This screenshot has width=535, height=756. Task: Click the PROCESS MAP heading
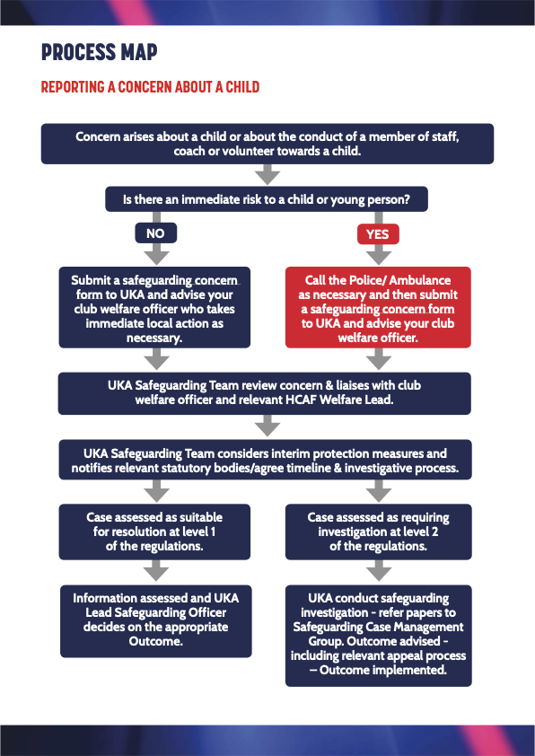100,52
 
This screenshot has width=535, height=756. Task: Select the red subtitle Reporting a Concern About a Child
151,87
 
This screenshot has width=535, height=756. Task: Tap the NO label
155,233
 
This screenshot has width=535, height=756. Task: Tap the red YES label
378,233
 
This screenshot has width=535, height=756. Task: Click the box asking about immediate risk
267,199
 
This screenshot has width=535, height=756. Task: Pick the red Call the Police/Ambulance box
378,308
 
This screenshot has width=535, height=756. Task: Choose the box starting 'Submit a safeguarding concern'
154,308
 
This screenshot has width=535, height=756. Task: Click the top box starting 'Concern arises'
267,144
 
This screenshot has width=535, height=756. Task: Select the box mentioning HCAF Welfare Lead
265,393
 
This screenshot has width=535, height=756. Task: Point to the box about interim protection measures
265,460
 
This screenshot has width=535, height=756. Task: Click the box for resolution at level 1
154,532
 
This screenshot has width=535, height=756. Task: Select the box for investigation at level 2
378,532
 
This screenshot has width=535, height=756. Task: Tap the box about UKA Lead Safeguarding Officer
155,621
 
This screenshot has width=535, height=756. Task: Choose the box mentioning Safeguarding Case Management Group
378,636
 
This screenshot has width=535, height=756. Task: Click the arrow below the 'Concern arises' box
267,174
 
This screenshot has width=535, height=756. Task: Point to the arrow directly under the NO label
157,254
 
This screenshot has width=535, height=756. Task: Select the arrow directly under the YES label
379,255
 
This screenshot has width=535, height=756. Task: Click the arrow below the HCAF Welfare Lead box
267,426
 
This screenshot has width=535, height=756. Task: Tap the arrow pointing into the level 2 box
379,491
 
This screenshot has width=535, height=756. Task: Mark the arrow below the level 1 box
156,570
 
